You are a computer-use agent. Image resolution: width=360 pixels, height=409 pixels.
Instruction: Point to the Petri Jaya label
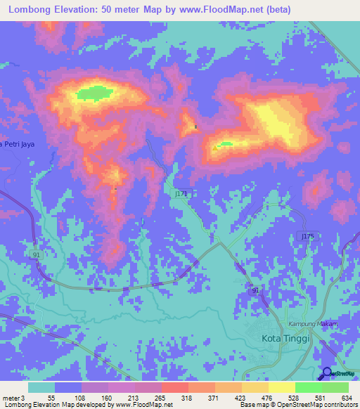pos(17,144)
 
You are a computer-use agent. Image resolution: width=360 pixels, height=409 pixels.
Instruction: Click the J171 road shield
pos(181,191)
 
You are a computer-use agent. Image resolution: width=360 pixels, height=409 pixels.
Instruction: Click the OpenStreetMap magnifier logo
pos(327,373)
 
